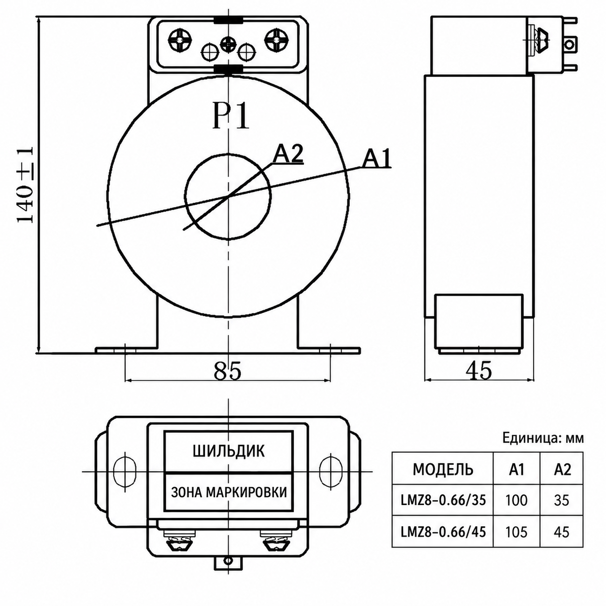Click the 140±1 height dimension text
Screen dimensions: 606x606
point(26,185)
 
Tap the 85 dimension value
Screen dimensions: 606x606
point(228,371)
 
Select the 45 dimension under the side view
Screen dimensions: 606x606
point(478,371)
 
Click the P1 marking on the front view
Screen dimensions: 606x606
point(231,115)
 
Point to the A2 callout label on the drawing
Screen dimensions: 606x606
point(288,155)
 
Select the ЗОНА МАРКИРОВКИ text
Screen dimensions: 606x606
point(229,492)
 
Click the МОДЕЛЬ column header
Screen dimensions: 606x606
point(443,470)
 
